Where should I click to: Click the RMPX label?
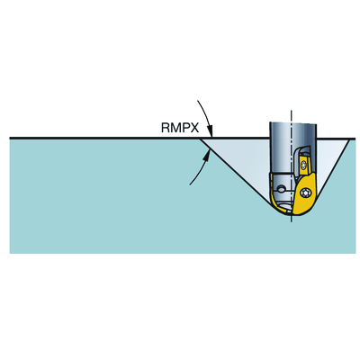[180, 128]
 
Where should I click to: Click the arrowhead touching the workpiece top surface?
[210, 132]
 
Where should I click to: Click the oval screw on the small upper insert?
[304, 165]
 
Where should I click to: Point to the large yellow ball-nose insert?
[304, 194]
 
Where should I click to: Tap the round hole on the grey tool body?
[281, 189]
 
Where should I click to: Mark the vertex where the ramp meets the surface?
[201, 139]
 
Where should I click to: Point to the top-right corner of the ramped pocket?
[349, 139]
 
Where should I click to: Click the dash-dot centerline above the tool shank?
[291, 116]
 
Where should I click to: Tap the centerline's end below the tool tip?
[292, 222]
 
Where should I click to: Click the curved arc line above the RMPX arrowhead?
[204, 114]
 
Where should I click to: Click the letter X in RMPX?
[195, 128]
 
